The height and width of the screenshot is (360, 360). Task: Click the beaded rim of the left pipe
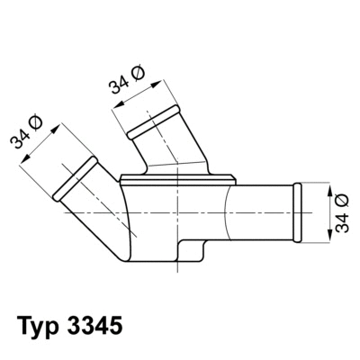[76, 181]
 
